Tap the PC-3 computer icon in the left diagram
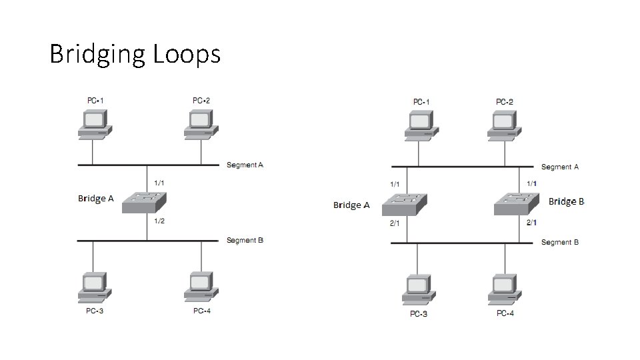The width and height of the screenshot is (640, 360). point(94,287)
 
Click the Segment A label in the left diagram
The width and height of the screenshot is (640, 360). point(245,165)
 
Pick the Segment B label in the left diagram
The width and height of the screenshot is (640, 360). point(245,240)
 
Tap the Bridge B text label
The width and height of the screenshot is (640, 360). point(566,201)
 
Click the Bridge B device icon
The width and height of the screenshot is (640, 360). point(516,203)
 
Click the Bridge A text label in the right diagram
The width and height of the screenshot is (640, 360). point(351,205)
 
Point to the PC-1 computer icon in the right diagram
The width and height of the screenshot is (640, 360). point(421,126)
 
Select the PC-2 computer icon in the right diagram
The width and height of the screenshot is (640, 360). point(505,126)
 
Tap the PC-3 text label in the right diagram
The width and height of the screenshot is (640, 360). point(419,314)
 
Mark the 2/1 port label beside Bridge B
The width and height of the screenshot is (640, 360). point(531,223)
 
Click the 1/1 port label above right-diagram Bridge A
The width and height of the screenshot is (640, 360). point(395,184)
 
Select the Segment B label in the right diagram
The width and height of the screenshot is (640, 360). point(560,242)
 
